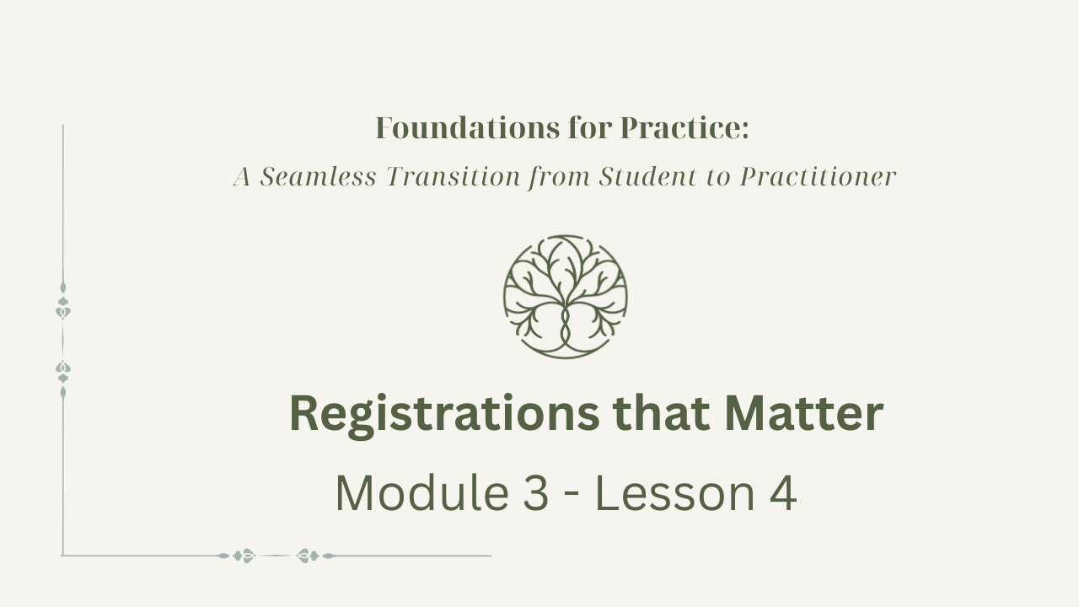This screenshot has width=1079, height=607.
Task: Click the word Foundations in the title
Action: coord(467,128)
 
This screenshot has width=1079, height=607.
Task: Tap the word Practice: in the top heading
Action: coord(684,128)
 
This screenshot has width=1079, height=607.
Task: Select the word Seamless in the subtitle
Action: coord(318,176)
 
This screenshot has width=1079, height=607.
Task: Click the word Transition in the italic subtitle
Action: coord(454,176)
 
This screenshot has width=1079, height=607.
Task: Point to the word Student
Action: coord(648,176)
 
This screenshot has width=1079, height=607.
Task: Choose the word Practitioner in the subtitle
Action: coord(818,176)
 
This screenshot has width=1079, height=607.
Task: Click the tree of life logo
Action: coord(566,297)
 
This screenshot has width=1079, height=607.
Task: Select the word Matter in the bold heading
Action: coord(804,413)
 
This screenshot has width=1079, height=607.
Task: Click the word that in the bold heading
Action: coord(662,413)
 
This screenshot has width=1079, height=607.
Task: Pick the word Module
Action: coord(422,493)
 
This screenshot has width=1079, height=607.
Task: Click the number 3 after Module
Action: coord(535,493)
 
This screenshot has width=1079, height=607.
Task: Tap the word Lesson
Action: coord(675,493)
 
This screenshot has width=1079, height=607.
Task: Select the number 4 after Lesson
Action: coord(783,493)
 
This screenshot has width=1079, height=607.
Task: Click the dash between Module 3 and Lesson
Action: coord(572,497)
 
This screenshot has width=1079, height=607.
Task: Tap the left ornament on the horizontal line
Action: coord(238,556)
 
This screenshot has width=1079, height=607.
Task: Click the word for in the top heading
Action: coord(590,128)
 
